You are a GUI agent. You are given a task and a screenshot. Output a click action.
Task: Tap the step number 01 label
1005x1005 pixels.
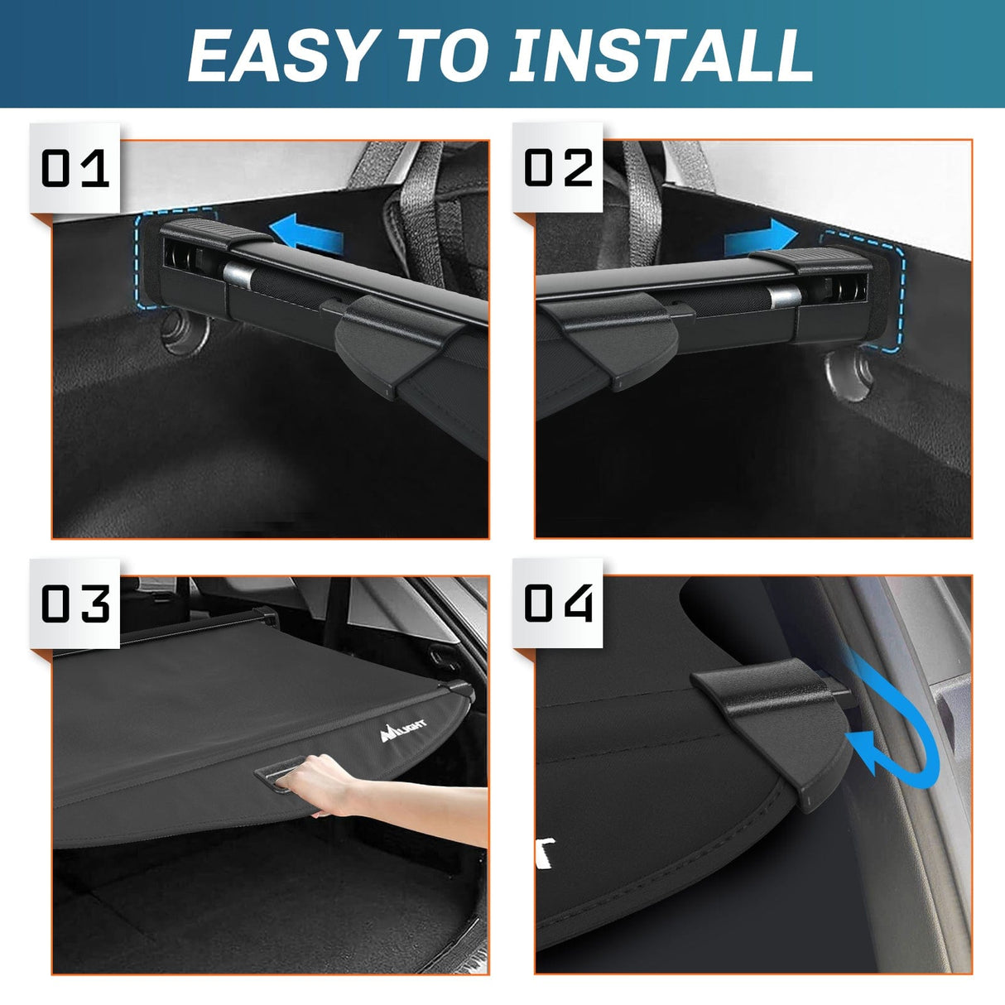point(75,168)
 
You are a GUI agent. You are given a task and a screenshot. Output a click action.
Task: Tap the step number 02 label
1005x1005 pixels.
point(559,168)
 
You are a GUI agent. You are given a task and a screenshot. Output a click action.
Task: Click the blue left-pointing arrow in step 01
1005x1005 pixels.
point(307,233)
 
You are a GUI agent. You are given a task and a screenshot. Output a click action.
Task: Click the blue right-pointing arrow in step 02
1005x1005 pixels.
point(760,238)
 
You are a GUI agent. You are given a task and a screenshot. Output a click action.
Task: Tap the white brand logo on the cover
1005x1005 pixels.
point(403,729)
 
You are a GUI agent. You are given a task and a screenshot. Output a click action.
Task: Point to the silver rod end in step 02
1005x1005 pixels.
point(783,296)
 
